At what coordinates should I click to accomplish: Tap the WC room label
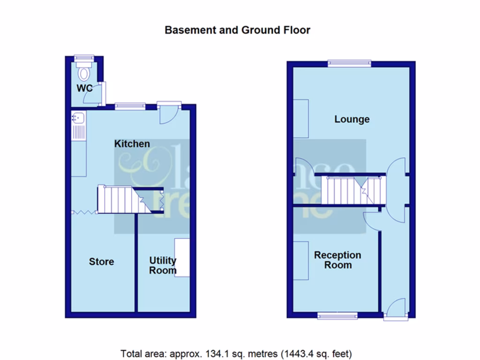pyautogui.click(x=85, y=88)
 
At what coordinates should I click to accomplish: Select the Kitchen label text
pyautogui.click(x=132, y=144)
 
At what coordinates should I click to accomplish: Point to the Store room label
pyautogui.click(x=101, y=262)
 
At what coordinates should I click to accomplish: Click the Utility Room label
pyautogui.click(x=163, y=265)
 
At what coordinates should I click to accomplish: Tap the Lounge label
pyautogui.click(x=352, y=119)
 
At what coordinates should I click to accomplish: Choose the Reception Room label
pyautogui.click(x=337, y=260)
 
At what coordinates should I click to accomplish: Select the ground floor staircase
pyautogui.click(x=354, y=190)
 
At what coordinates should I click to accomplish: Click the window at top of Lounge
pyautogui.click(x=349, y=63)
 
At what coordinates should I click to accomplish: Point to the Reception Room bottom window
pyautogui.click(x=337, y=316)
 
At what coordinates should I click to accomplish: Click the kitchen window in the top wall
pyautogui.click(x=130, y=106)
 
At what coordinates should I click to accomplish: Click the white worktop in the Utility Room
pyautogui.click(x=182, y=257)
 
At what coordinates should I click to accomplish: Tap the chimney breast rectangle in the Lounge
pyautogui.click(x=301, y=119)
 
